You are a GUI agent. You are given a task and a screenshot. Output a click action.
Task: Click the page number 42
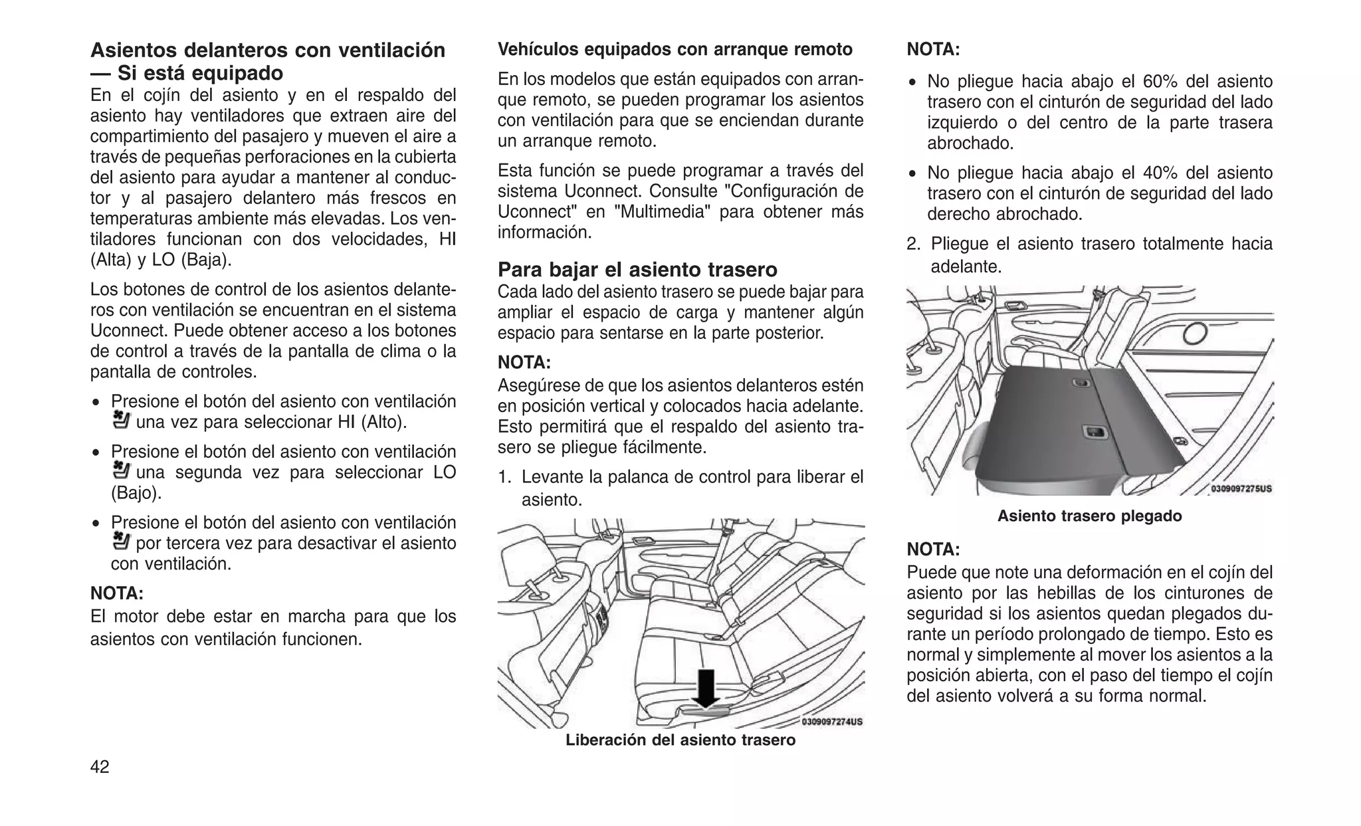pos(100,767)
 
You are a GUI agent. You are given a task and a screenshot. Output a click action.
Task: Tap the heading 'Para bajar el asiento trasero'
pos(637,270)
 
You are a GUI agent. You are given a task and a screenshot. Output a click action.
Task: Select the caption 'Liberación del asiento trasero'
pos(680,740)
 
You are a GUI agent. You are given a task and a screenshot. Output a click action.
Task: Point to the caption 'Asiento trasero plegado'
pos(1089,516)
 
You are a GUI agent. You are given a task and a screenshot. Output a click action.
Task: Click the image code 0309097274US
pos(831,722)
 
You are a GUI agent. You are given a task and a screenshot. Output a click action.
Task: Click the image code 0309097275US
pos(1241,488)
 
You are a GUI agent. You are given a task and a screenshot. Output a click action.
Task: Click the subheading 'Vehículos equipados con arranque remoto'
pos(675,50)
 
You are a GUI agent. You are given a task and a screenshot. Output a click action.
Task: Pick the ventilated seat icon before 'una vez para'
pos(122,420)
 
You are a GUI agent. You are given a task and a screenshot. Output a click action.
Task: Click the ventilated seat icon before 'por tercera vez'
pos(122,541)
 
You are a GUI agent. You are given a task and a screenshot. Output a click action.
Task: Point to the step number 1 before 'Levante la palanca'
pos(504,477)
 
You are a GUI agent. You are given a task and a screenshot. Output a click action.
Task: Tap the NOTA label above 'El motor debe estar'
pos(117,593)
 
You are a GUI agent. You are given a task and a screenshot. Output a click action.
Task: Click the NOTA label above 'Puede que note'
pos(933,550)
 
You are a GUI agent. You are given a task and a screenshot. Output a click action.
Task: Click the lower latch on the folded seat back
pos(1094,433)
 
